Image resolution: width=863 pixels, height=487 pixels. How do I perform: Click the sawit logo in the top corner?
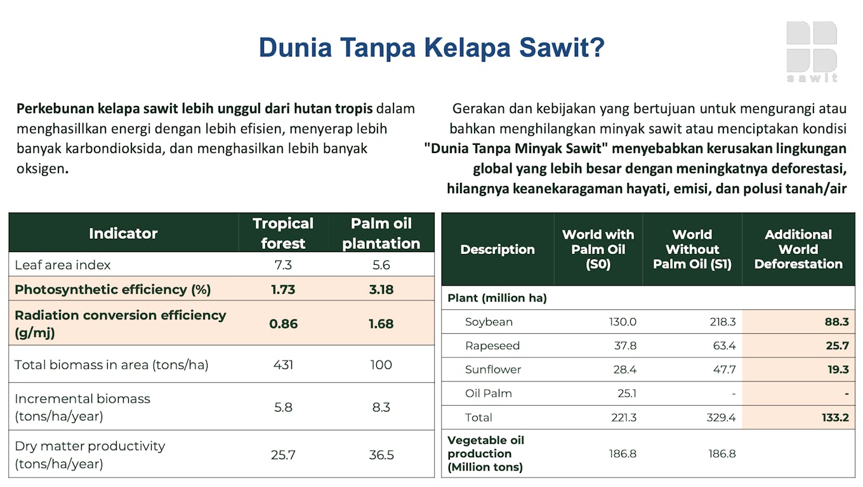point(812,51)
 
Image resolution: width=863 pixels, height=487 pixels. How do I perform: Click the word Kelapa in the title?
point(467,48)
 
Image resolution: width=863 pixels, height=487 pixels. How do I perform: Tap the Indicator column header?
point(123,233)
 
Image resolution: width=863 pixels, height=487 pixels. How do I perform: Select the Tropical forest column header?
point(283,233)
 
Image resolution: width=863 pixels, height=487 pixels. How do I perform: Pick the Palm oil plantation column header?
point(381,233)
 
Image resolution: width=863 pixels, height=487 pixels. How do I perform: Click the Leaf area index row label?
point(62,265)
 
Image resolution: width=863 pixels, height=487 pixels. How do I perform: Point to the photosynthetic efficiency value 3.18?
point(381,290)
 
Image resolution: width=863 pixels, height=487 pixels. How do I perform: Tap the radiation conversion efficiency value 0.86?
point(283,324)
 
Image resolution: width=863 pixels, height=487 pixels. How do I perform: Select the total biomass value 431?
point(283,364)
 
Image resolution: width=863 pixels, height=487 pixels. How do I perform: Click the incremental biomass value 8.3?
point(381,407)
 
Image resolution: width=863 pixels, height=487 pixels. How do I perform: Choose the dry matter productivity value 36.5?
point(381,455)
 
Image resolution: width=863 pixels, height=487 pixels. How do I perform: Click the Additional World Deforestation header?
point(798,249)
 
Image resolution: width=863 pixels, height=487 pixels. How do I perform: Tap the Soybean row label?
point(489,322)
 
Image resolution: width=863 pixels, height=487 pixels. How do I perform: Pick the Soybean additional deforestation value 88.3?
point(836,322)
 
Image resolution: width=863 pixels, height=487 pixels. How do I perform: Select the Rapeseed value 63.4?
point(724,345)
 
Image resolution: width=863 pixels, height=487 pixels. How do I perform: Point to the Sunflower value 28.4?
point(625,370)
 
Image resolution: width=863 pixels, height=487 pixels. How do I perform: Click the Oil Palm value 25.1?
point(627,393)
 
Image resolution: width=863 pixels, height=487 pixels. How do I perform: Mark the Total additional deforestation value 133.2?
point(835,417)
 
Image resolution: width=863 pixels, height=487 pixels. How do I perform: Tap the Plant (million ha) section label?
point(497,298)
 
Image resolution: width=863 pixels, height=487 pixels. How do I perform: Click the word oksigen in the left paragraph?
point(43,168)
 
